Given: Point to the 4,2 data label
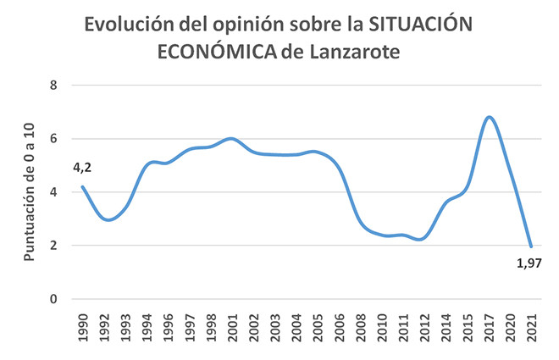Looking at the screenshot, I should tap(82, 168).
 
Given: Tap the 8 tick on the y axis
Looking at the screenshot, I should tap(53, 86).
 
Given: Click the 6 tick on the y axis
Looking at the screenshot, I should tap(53, 139).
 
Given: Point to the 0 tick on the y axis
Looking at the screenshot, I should tap(53, 299).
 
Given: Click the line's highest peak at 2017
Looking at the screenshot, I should tap(490, 117).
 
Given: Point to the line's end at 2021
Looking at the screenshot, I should tap(531, 246).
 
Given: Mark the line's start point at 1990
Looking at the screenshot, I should tap(82, 186).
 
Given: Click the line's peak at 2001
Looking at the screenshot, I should tap(231, 138).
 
